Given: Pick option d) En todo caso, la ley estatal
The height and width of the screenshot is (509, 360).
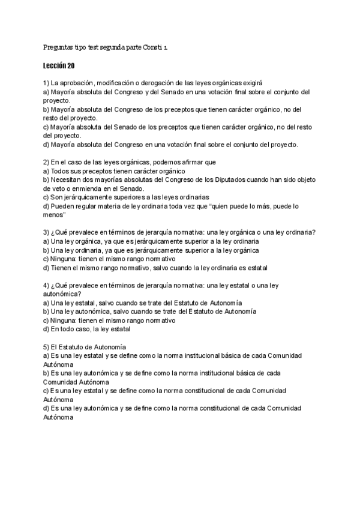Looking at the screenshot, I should tap(86, 329).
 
